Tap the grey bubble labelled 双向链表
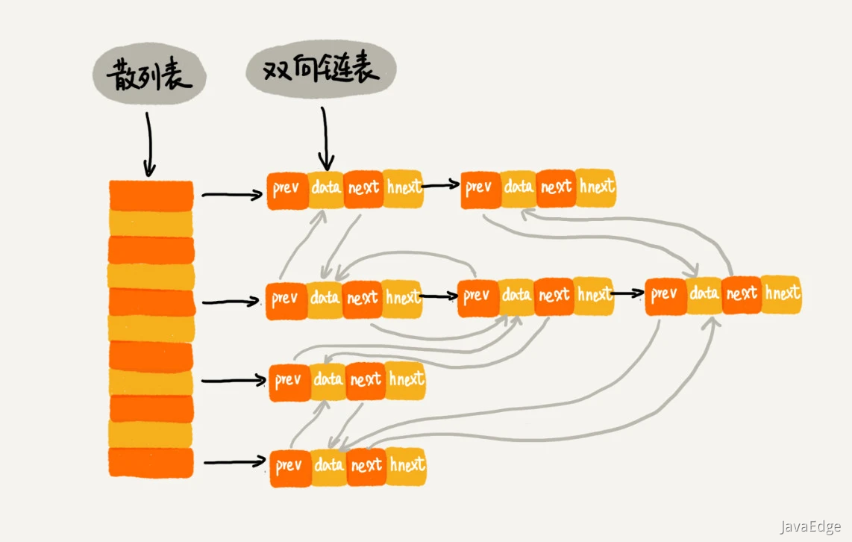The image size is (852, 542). (x=321, y=72)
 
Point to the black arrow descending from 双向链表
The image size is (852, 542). (x=325, y=138)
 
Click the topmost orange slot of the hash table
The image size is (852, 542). (x=151, y=195)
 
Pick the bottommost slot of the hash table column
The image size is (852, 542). (x=151, y=463)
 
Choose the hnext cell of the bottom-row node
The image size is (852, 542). (x=407, y=465)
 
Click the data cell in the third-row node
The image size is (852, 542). (x=328, y=380)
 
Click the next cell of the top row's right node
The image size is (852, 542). (x=556, y=187)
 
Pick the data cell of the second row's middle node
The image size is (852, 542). (x=516, y=296)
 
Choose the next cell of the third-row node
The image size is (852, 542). (x=366, y=380)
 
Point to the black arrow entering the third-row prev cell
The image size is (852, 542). (x=234, y=381)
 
